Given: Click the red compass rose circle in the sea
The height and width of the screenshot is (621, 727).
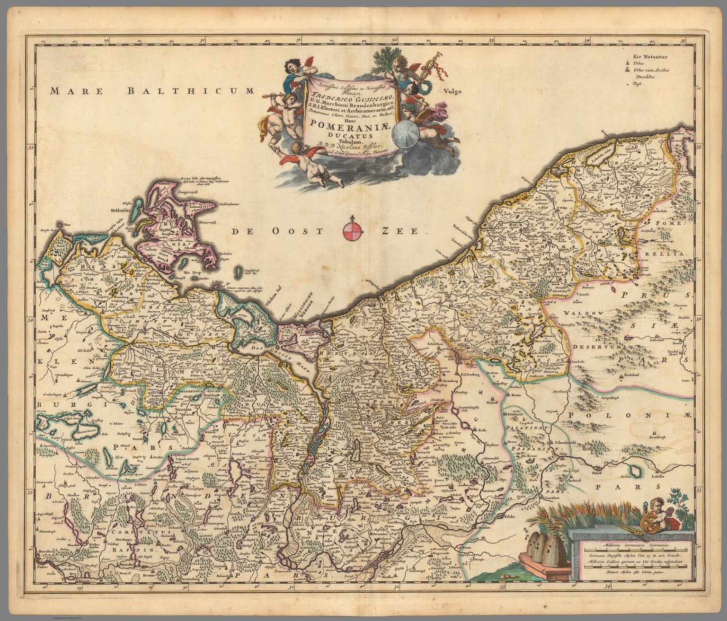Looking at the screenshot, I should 353,231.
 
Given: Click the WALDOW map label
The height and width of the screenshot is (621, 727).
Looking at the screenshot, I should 587,313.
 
